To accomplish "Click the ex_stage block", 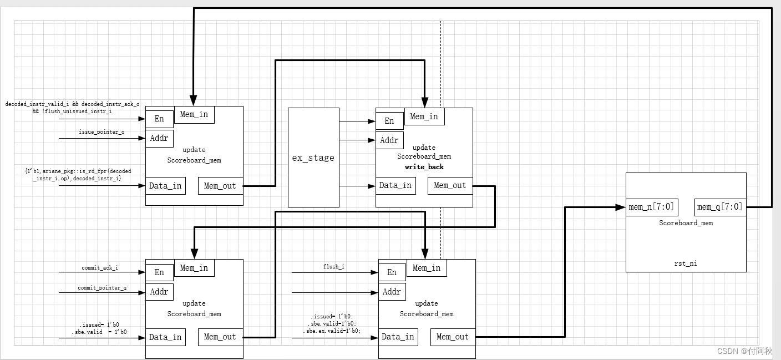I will point(313,158).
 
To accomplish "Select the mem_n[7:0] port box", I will point(652,207).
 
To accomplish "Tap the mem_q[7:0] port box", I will point(719,207).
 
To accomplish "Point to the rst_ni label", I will point(686,263).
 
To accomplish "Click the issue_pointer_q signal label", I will point(102,132).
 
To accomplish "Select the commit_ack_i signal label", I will point(100,268).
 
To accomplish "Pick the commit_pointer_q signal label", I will point(102,288).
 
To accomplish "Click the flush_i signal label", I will point(334,267).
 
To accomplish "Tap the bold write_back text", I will point(424,167).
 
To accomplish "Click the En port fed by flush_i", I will point(392,272).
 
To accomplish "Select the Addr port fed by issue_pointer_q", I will point(159,138).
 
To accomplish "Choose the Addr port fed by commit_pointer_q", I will point(159,292).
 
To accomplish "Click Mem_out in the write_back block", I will point(450,186).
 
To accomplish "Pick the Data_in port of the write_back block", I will point(395,186).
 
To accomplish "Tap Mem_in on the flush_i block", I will point(427,268).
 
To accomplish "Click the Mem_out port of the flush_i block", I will point(453,337).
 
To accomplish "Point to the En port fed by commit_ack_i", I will point(160,272).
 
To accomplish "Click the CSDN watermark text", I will point(744,351).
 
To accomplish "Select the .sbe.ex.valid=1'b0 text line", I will point(332,331).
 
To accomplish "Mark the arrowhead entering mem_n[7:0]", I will point(621,207).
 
